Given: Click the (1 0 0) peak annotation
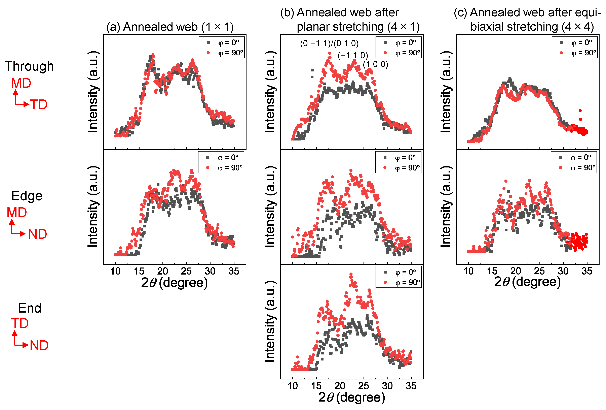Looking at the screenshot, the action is click(x=376, y=64).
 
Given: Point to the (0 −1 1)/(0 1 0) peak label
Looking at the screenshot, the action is click(x=329, y=43).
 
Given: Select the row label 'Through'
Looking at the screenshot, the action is click(x=29, y=66).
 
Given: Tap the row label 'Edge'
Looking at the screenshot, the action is click(x=27, y=196).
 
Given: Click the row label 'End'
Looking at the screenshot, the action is click(x=30, y=308).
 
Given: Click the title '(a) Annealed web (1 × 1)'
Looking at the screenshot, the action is click(x=170, y=27).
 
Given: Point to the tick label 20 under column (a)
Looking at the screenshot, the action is click(x=162, y=271).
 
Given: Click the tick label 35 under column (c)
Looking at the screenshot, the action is click(x=587, y=271).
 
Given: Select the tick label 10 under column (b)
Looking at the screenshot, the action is click(x=293, y=386).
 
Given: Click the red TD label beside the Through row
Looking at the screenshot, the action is click(x=39, y=105).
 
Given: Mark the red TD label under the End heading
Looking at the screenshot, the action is click(x=20, y=323).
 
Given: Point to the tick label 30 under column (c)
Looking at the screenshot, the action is click(x=563, y=271).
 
